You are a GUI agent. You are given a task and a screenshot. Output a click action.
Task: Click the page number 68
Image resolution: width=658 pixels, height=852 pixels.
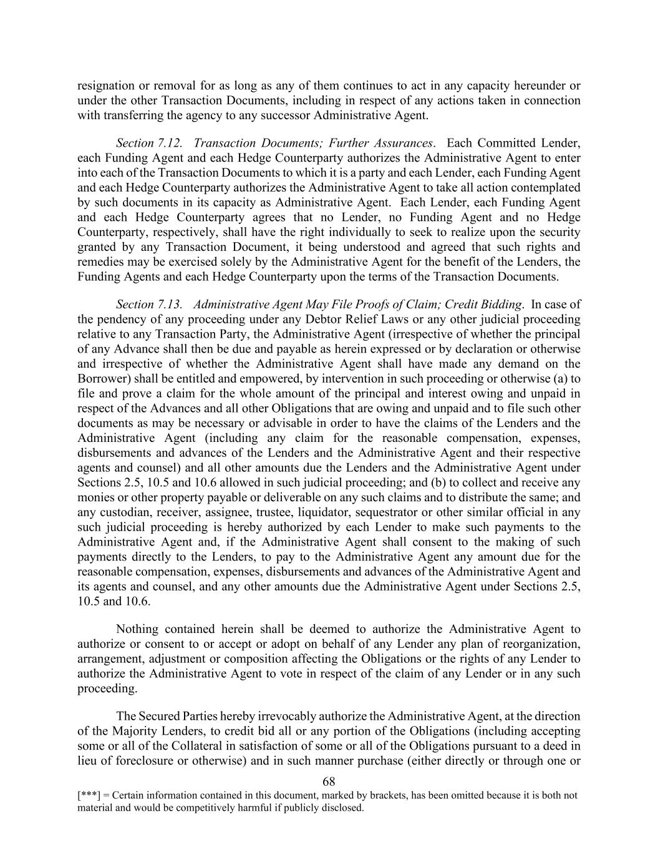[329, 781]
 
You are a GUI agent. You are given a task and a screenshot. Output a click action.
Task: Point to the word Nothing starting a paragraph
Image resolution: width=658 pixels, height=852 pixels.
[138, 629]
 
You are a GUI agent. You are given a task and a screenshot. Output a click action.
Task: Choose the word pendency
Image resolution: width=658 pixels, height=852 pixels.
[122, 320]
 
